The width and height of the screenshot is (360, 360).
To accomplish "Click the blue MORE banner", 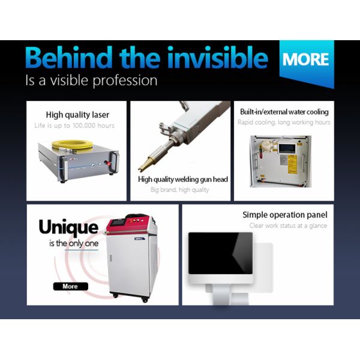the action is coord(307,62).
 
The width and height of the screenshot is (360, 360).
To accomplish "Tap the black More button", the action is coord(70,286).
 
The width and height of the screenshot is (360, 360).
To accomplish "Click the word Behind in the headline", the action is coord(69,57).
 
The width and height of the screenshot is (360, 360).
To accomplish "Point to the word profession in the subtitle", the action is coord(125,81).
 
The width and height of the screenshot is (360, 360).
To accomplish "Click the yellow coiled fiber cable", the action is coord(73,145).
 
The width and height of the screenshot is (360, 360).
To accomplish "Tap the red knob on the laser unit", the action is coord(107,163).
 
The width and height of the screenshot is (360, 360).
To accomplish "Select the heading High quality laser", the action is coord(77,115).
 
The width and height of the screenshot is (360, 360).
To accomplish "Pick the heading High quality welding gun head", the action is coord(183,179).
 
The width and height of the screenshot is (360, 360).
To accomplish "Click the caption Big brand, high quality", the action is coord(180,190).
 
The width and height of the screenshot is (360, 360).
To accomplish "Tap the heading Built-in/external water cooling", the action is coord(284,112).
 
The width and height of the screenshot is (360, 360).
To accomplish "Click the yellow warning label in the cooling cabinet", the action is coord(292,164).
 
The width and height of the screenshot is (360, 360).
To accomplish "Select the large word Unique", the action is coord(68,227).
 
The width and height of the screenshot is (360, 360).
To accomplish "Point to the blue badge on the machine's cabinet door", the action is coord(140,239).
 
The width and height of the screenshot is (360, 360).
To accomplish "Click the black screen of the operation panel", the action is coord(220,253).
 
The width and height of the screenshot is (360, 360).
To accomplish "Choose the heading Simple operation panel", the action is coord(285,215).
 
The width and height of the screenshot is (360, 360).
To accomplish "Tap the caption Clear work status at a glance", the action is coord(288,226).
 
